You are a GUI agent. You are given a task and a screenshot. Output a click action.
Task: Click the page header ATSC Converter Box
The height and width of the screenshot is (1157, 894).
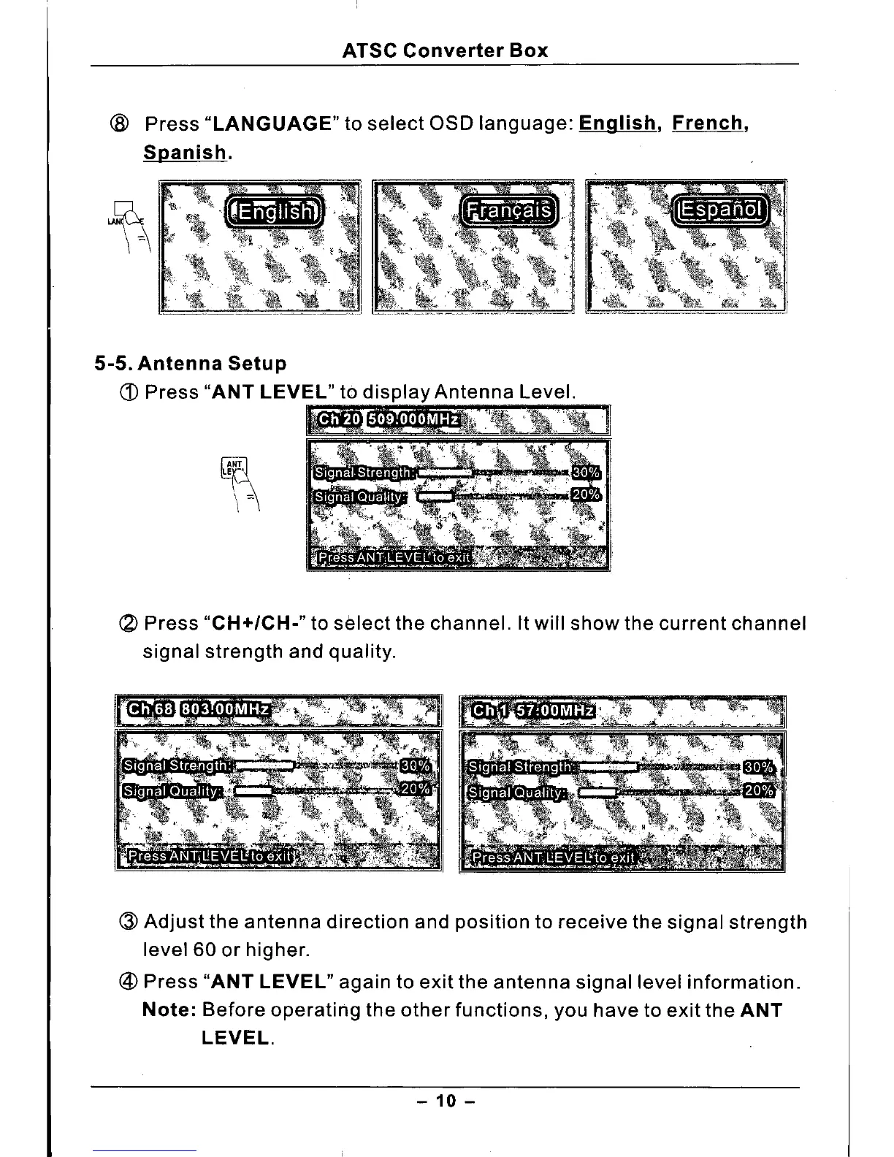click(x=445, y=50)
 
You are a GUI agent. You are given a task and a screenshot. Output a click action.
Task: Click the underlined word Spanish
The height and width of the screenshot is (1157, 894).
click(x=185, y=153)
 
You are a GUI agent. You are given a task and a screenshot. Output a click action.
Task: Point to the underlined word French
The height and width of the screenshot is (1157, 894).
click(x=710, y=123)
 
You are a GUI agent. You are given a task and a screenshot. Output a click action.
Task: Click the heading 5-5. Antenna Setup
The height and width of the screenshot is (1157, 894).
click(x=191, y=363)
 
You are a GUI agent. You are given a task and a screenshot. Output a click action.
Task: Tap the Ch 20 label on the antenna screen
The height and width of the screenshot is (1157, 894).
click(x=339, y=419)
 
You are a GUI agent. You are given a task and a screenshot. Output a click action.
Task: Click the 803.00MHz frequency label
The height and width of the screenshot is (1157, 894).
click(x=225, y=709)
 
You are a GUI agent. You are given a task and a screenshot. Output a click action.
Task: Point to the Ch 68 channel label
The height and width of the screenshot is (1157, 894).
click(x=150, y=709)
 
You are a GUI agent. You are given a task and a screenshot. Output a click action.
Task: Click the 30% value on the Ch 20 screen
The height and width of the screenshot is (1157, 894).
click(x=586, y=473)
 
